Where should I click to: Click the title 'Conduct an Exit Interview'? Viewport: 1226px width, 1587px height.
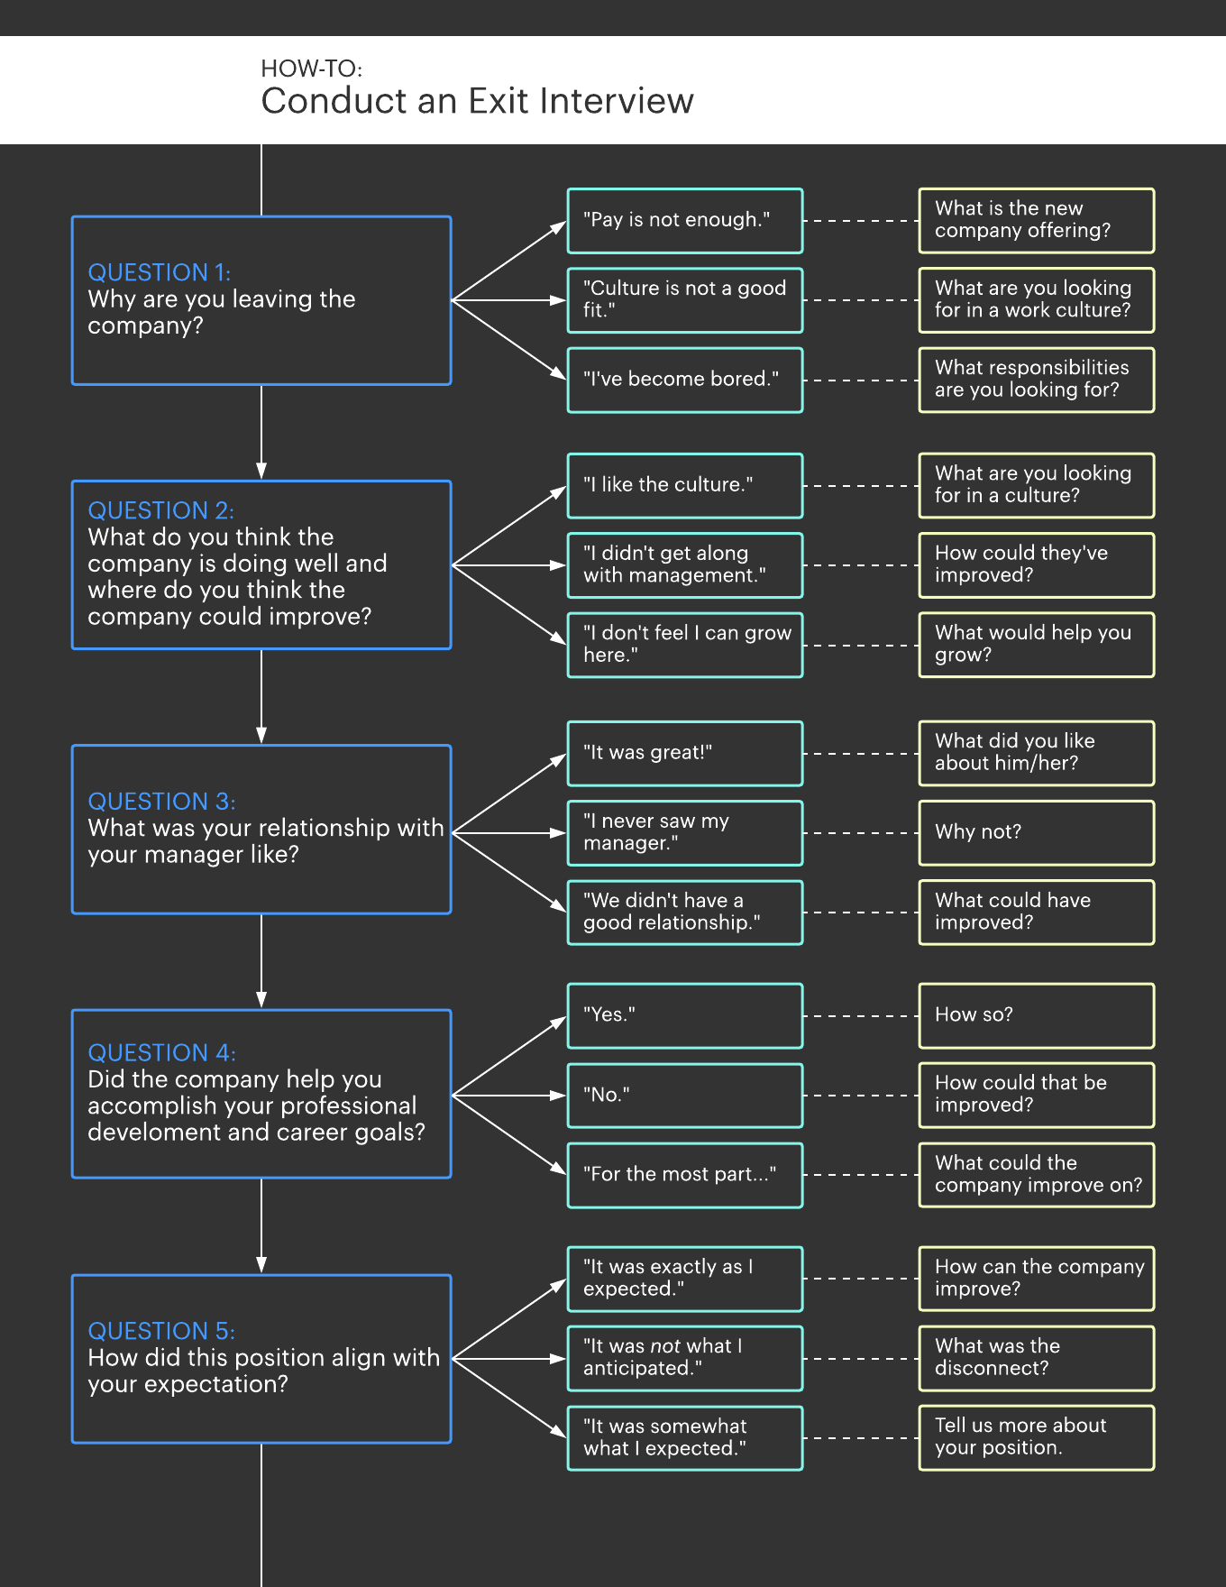pos(477,101)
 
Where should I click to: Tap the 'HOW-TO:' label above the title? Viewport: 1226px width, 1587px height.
pos(311,69)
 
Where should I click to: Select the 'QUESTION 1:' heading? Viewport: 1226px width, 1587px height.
pos(160,272)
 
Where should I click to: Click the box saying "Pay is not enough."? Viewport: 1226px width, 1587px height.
pos(684,220)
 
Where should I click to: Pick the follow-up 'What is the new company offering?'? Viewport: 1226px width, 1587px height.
pos(1036,220)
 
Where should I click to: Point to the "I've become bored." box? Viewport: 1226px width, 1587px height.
pos(684,380)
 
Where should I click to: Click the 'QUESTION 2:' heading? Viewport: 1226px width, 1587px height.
pos(160,510)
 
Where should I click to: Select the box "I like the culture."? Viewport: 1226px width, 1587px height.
pos(684,485)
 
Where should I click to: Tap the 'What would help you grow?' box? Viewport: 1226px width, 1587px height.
pos(1036,645)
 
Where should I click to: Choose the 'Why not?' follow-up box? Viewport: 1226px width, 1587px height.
pos(1036,832)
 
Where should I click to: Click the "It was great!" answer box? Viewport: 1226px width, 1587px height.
pos(684,753)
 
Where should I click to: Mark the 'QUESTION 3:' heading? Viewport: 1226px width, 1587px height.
pos(161,802)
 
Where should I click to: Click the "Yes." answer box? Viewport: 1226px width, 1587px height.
pos(684,1015)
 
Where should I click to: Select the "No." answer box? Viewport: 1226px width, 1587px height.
pos(684,1095)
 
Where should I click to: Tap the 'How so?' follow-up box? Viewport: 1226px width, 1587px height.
pos(1036,1015)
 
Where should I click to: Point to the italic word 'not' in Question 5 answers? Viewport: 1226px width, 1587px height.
pos(665,1346)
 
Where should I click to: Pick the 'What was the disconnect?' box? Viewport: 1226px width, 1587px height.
pos(1036,1358)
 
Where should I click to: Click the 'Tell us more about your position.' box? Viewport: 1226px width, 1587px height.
pos(1036,1437)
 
